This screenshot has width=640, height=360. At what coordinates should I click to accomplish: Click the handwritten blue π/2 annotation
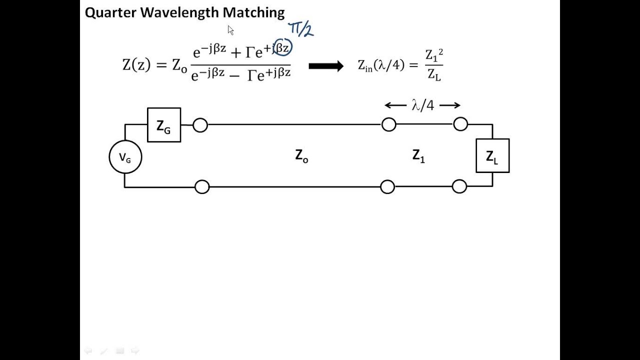pyautogui.click(x=300, y=29)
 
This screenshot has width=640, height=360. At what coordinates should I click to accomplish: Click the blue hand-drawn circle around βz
pyautogui.click(x=282, y=48)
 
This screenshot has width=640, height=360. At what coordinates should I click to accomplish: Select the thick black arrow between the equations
pyautogui.click(x=326, y=66)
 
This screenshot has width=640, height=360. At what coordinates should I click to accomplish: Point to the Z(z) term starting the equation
pyautogui.click(x=136, y=65)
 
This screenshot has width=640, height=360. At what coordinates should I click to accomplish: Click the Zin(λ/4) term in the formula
pyautogui.click(x=381, y=65)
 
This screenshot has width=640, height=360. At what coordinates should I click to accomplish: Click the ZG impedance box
pyautogui.click(x=164, y=125)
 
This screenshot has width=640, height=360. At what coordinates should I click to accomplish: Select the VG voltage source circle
pyautogui.click(x=125, y=157)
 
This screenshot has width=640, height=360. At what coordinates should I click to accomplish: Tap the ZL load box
pyautogui.click(x=492, y=156)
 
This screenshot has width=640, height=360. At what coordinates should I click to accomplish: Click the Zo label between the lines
pyautogui.click(x=301, y=156)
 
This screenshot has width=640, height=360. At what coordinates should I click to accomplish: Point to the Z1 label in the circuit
pyautogui.click(x=418, y=156)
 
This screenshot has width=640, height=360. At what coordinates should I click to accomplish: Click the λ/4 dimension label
pyautogui.click(x=422, y=105)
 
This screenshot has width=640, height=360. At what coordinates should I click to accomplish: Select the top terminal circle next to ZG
pyautogui.click(x=200, y=125)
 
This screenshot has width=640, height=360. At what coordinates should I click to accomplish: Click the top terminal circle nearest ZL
pyautogui.click(x=460, y=124)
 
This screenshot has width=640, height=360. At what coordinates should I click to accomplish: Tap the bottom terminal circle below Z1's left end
pyautogui.click(x=387, y=187)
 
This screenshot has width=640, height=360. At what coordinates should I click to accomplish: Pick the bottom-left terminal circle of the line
pyautogui.click(x=202, y=187)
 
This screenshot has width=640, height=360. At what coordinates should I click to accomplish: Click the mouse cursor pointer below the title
pyautogui.click(x=230, y=30)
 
